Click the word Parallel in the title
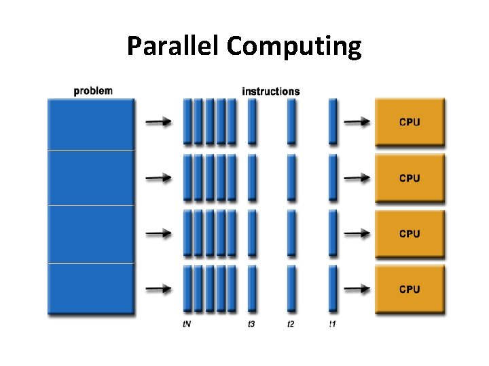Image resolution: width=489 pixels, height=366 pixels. point(173,47)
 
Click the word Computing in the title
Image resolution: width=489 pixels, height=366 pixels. point(294,47)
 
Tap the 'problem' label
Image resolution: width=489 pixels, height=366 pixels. point(93,91)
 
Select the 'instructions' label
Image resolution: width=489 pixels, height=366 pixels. point(270,91)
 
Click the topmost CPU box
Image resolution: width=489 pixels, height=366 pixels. point(410,122)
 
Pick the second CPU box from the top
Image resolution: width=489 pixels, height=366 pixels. point(410,178)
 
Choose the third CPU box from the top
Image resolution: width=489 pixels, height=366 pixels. point(410,234)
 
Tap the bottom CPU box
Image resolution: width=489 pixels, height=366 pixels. point(410,289)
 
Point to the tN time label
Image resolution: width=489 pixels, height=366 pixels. point(187,325)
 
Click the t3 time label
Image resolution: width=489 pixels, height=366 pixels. point(251,325)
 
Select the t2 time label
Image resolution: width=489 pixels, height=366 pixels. point(291,325)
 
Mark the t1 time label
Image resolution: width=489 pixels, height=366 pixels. point(332,325)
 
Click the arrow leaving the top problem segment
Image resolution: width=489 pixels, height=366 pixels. point(159,122)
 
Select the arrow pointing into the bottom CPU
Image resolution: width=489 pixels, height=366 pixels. point(357,289)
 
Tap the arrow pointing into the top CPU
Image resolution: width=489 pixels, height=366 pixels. point(357,122)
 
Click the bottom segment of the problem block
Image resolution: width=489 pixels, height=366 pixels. point(91,288)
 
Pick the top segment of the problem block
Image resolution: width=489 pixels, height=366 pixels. point(91,124)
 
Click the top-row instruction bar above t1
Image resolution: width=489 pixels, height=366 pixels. point(332,121)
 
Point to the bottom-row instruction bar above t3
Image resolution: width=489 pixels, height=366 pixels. point(252,289)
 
